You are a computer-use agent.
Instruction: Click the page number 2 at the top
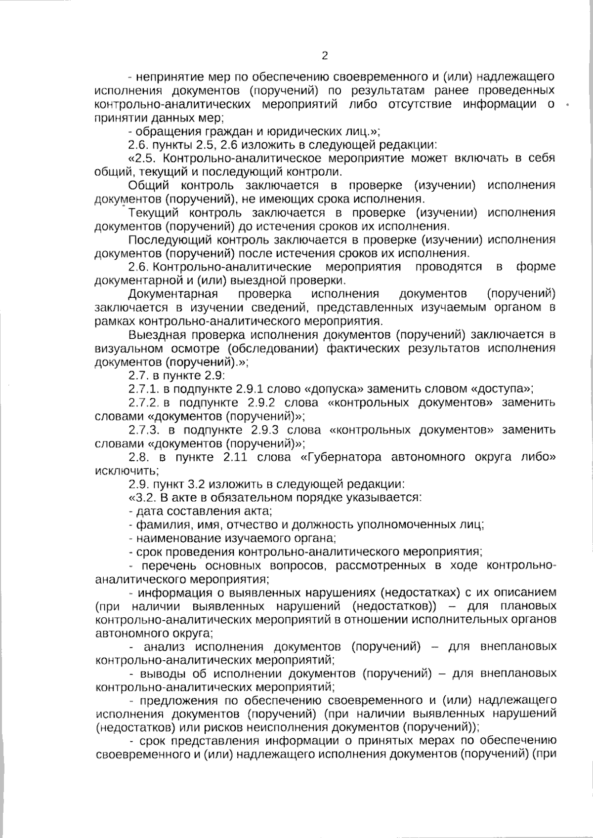tap(325, 56)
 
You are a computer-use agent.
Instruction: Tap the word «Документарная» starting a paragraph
tap(173, 294)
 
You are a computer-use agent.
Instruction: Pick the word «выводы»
tap(163, 674)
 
